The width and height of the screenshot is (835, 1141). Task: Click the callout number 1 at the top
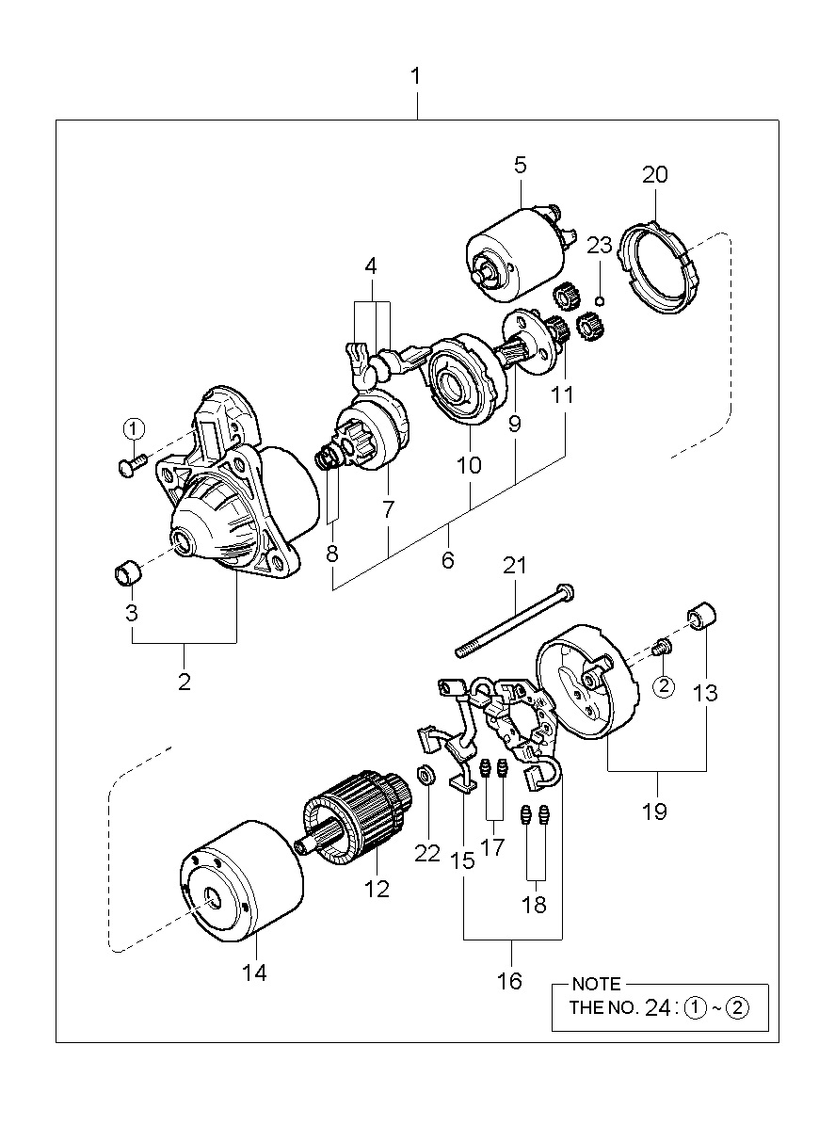pyautogui.click(x=416, y=76)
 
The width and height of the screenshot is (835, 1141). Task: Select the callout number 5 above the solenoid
pyautogui.click(x=521, y=165)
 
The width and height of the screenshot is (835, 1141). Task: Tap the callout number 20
pyautogui.click(x=654, y=175)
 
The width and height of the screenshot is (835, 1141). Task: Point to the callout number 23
pyautogui.click(x=599, y=246)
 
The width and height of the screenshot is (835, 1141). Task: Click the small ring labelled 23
pyautogui.click(x=601, y=301)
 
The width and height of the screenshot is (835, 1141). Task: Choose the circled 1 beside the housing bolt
pyautogui.click(x=134, y=429)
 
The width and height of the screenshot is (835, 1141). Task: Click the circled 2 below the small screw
pyautogui.click(x=664, y=686)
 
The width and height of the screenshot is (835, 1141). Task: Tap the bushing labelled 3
pyautogui.click(x=127, y=573)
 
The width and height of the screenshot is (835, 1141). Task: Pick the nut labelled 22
pyautogui.click(x=426, y=776)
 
